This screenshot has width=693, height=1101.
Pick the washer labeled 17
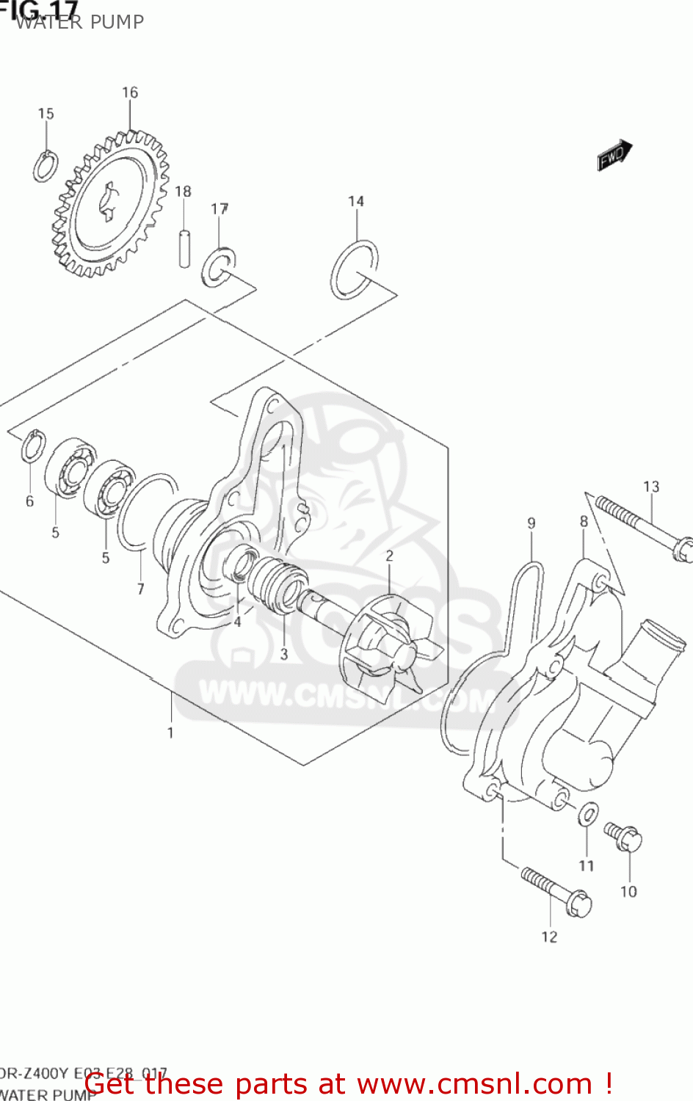coord(218,267)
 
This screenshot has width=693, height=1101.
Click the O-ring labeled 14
coord(355,270)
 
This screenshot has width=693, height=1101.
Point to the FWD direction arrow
coord(614,155)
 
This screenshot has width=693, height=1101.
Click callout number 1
coord(170,733)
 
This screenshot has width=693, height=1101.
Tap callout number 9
coord(531,523)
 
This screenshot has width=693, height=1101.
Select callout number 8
coord(584,522)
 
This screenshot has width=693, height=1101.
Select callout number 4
coord(237,622)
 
